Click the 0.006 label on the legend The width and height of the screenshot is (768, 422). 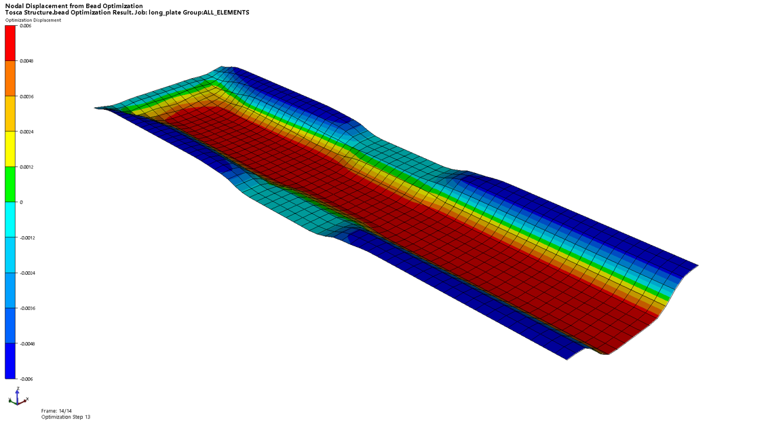click(x=26, y=26)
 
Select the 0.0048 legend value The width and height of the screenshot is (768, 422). click(x=27, y=61)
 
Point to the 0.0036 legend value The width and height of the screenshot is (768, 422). click(x=27, y=96)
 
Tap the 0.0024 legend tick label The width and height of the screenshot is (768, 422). click(x=27, y=132)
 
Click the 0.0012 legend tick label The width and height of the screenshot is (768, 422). click(x=27, y=167)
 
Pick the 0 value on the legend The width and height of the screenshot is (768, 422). click(x=22, y=202)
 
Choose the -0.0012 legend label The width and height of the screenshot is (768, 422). click(x=28, y=237)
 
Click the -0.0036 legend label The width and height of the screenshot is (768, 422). click(x=28, y=308)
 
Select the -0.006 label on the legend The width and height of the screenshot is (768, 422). click(x=27, y=379)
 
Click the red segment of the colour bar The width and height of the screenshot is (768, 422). click(x=10, y=43)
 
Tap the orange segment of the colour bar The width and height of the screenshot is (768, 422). click(x=10, y=79)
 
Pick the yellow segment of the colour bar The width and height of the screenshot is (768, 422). click(x=10, y=149)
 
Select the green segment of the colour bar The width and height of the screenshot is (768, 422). click(x=10, y=185)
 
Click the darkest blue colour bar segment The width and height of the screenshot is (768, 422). click(x=10, y=361)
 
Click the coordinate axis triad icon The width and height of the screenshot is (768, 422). click(x=16, y=398)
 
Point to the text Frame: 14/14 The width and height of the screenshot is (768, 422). click(x=56, y=410)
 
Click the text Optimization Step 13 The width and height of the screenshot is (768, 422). click(x=66, y=417)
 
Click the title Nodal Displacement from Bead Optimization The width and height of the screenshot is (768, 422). click(x=74, y=5)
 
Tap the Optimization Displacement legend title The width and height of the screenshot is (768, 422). click(x=33, y=20)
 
